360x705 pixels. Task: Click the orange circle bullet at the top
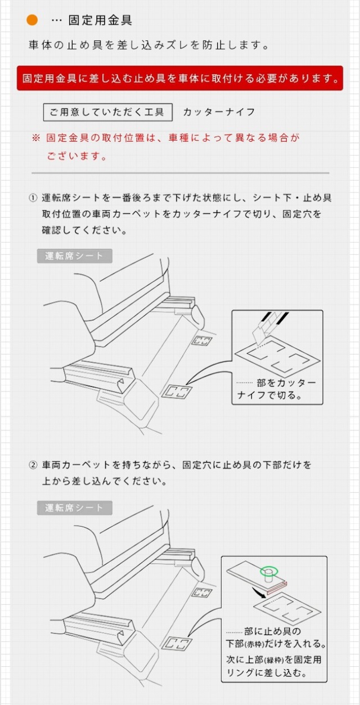point(32,20)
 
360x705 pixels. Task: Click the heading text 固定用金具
point(100,20)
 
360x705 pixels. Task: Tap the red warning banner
point(179,78)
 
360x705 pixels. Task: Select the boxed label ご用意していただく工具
point(107,112)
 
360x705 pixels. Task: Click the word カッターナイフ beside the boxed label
point(219,112)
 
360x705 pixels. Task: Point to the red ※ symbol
point(36,138)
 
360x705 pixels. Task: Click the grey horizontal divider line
point(181,173)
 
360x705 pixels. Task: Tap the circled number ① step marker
point(33,198)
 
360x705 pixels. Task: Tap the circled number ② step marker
point(33,465)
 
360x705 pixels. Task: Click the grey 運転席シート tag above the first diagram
point(75,256)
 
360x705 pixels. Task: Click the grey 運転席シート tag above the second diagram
point(75,508)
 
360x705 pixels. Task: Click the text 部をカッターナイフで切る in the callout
point(277,389)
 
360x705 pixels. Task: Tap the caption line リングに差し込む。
point(267,673)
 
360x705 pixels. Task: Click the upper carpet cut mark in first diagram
point(202,341)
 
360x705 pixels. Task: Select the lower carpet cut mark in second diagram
point(177,643)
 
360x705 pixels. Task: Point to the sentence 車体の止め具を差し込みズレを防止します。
point(148,46)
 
